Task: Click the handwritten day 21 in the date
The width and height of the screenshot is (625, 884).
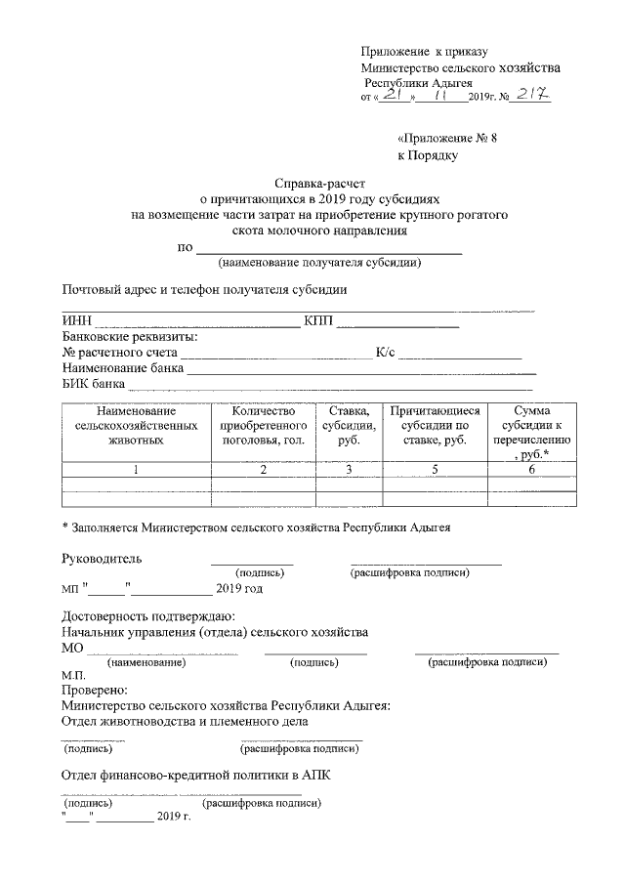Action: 393,97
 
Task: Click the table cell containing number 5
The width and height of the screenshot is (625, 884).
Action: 433,470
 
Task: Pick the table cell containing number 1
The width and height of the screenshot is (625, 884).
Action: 136,470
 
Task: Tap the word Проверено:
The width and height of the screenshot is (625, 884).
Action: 94,690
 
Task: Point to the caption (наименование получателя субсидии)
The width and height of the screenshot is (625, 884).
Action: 319,263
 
